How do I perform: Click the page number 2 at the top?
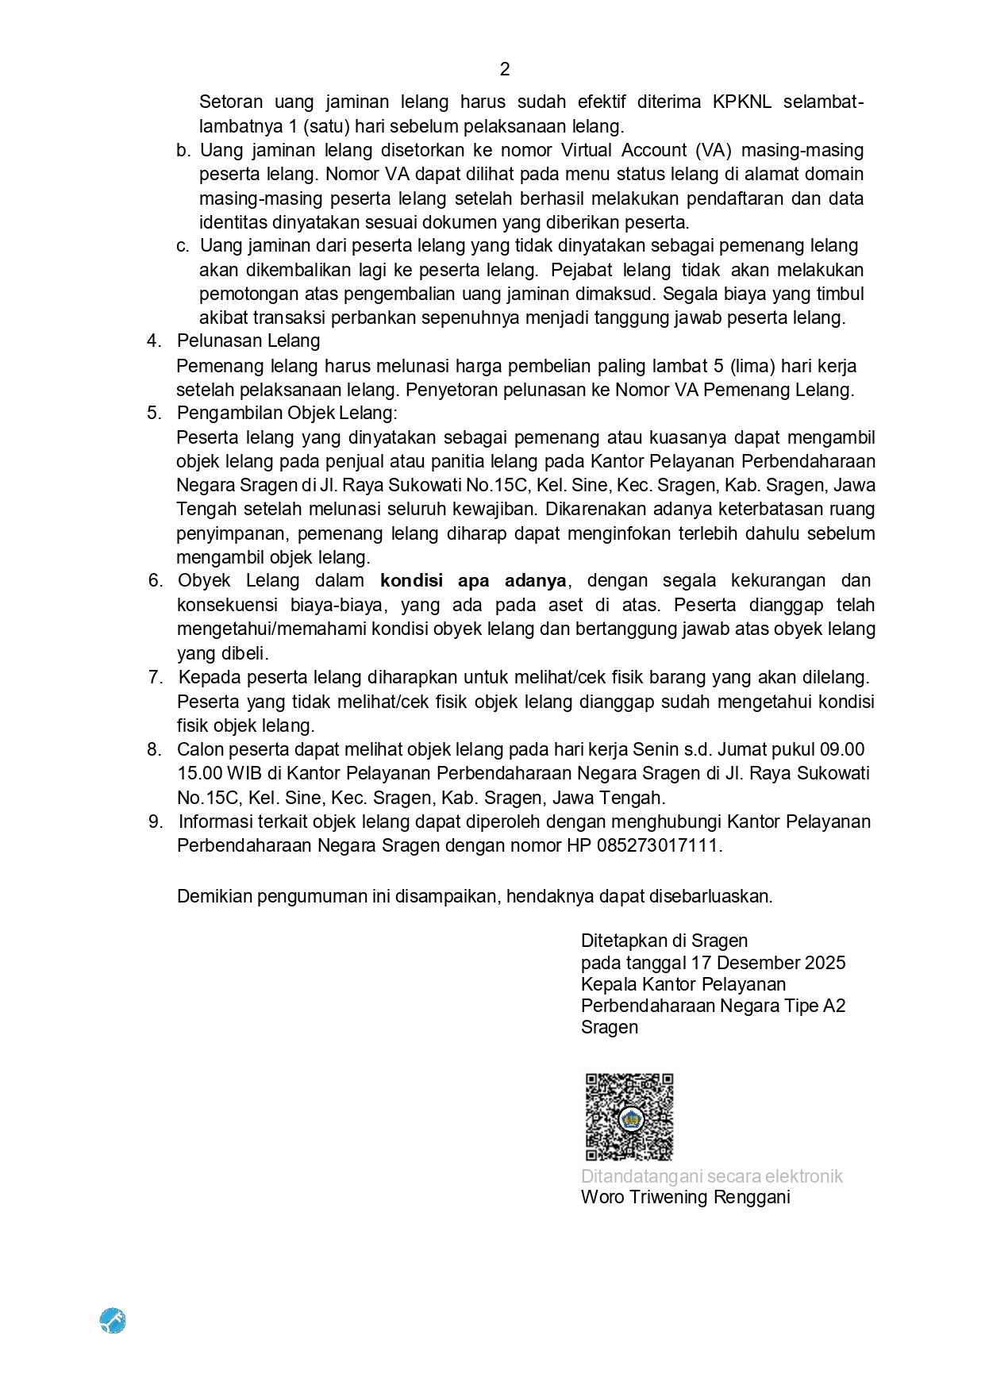(x=505, y=70)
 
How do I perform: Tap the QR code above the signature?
(x=629, y=1117)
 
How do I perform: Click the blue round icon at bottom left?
(x=113, y=1321)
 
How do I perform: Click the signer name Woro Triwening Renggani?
(x=685, y=1197)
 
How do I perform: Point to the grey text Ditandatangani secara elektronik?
(x=711, y=1176)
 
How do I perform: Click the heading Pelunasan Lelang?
(x=248, y=341)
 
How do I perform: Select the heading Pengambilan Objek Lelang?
(x=287, y=413)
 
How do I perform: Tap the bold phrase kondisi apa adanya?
(x=473, y=580)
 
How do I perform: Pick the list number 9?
(x=156, y=822)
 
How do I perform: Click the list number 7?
(x=156, y=677)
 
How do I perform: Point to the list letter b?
(x=183, y=150)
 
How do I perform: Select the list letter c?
(x=183, y=246)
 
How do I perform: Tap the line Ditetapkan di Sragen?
(x=664, y=941)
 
